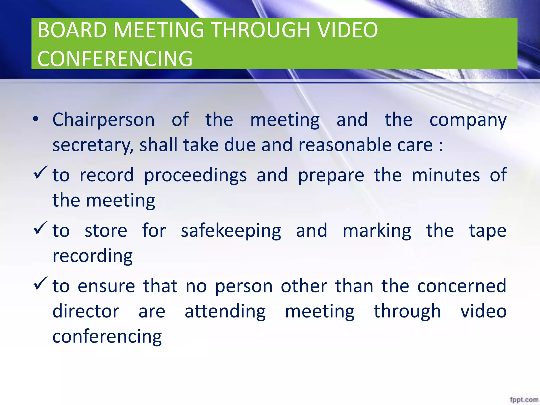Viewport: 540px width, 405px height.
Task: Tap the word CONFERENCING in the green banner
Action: (115, 59)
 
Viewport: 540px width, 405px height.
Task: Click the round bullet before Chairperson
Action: (36, 119)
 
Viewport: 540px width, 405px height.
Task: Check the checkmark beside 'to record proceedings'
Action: (40, 173)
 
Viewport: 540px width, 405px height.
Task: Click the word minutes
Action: (446, 175)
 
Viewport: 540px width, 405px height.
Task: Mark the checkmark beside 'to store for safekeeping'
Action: (40, 228)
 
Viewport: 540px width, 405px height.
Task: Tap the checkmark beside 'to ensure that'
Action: (40, 283)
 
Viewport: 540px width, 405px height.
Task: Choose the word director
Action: (86, 311)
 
